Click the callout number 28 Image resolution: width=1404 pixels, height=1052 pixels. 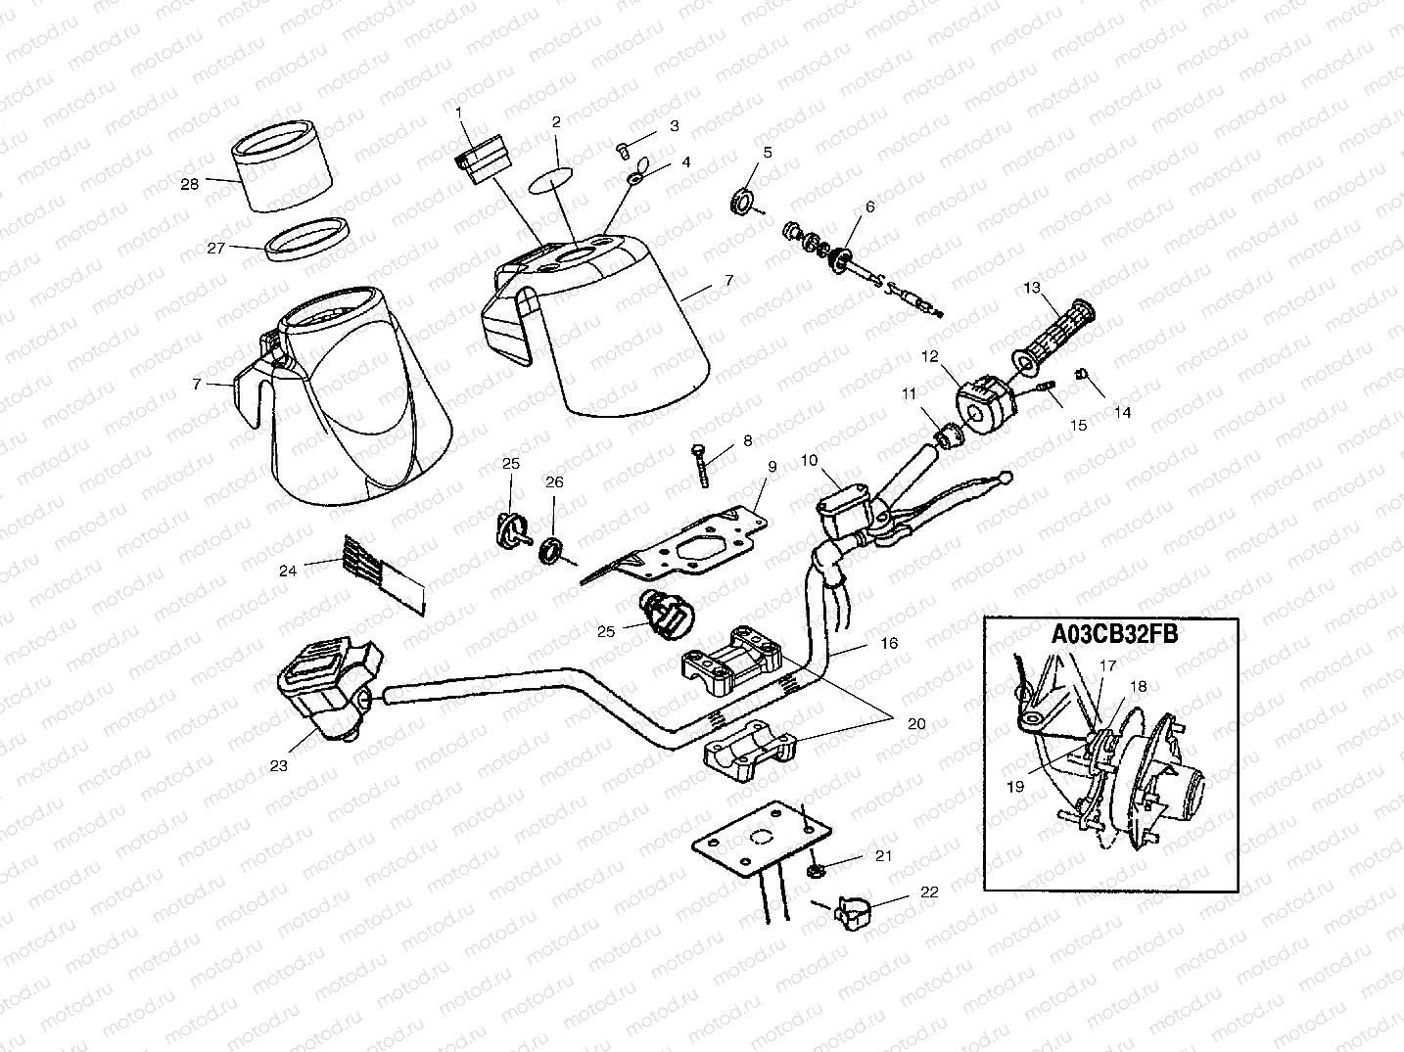[189, 183]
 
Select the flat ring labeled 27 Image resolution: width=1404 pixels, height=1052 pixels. [306, 240]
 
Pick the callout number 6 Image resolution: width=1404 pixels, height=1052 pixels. [869, 207]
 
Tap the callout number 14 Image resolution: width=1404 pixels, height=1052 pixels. [1122, 413]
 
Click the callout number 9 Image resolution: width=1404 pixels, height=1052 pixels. [772, 467]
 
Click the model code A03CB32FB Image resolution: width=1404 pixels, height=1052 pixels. [1114, 634]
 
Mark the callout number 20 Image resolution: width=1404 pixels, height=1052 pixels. [915, 724]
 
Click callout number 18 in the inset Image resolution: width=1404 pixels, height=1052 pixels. [1139, 687]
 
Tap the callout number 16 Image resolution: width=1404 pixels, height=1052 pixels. [888, 645]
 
